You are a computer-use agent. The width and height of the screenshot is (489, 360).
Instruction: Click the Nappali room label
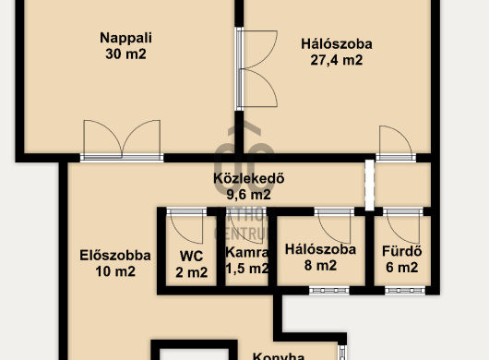[x=126, y=38]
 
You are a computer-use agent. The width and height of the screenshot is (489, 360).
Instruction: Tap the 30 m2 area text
[x=126, y=54]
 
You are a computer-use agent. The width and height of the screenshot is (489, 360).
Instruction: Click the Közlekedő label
[x=248, y=179]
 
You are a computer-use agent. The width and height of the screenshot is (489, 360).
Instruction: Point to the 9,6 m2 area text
[x=248, y=195]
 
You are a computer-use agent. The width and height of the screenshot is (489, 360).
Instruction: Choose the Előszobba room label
[x=102, y=255]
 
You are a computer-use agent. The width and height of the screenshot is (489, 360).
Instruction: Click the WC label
[x=191, y=255]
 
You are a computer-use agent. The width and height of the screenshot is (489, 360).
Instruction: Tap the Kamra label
[x=246, y=252]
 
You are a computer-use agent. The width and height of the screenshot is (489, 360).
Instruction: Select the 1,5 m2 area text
[x=246, y=270]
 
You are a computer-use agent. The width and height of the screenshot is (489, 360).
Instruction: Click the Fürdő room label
[x=401, y=251]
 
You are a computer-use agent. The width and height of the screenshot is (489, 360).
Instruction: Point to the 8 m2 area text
[x=320, y=267]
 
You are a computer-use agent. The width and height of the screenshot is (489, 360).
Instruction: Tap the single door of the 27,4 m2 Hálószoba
[x=394, y=144]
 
